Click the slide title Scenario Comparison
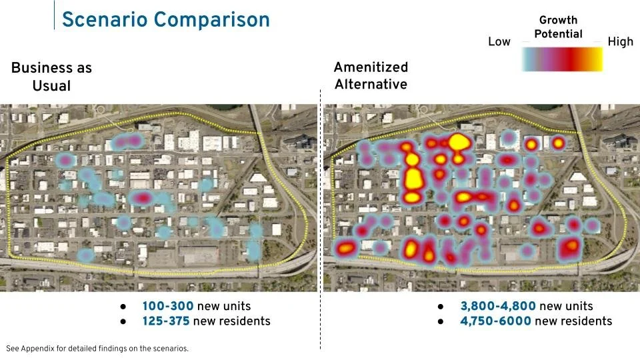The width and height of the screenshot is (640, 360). [x=165, y=19]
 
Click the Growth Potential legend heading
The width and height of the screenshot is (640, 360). [x=558, y=27]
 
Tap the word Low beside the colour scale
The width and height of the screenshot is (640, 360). [x=499, y=42]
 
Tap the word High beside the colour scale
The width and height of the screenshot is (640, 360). [x=620, y=42]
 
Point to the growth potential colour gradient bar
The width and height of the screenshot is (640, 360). [x=561, y=59]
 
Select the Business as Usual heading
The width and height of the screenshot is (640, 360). [x=51, y=77]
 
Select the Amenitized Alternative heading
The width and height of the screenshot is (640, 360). [x=371, y=76]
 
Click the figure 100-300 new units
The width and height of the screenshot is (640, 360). [x=167, y=306]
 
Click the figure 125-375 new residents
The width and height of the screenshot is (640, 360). [x=167, y=321]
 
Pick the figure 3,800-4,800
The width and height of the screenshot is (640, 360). [x=497, y=306]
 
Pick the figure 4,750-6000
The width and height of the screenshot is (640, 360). [x=495, y=321]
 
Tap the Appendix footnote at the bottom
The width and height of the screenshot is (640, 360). [x=97, y=348]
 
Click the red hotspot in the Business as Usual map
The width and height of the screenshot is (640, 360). [x=142, y=198]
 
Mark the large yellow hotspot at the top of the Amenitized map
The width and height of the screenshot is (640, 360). [x=457, y=141]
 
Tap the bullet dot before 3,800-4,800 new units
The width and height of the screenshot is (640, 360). [x=441, y=307]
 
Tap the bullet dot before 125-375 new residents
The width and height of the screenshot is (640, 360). [x=123, y=322]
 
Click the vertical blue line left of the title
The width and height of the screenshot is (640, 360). [x=54, y=15]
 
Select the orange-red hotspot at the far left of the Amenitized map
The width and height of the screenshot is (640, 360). [x=345, y=249]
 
